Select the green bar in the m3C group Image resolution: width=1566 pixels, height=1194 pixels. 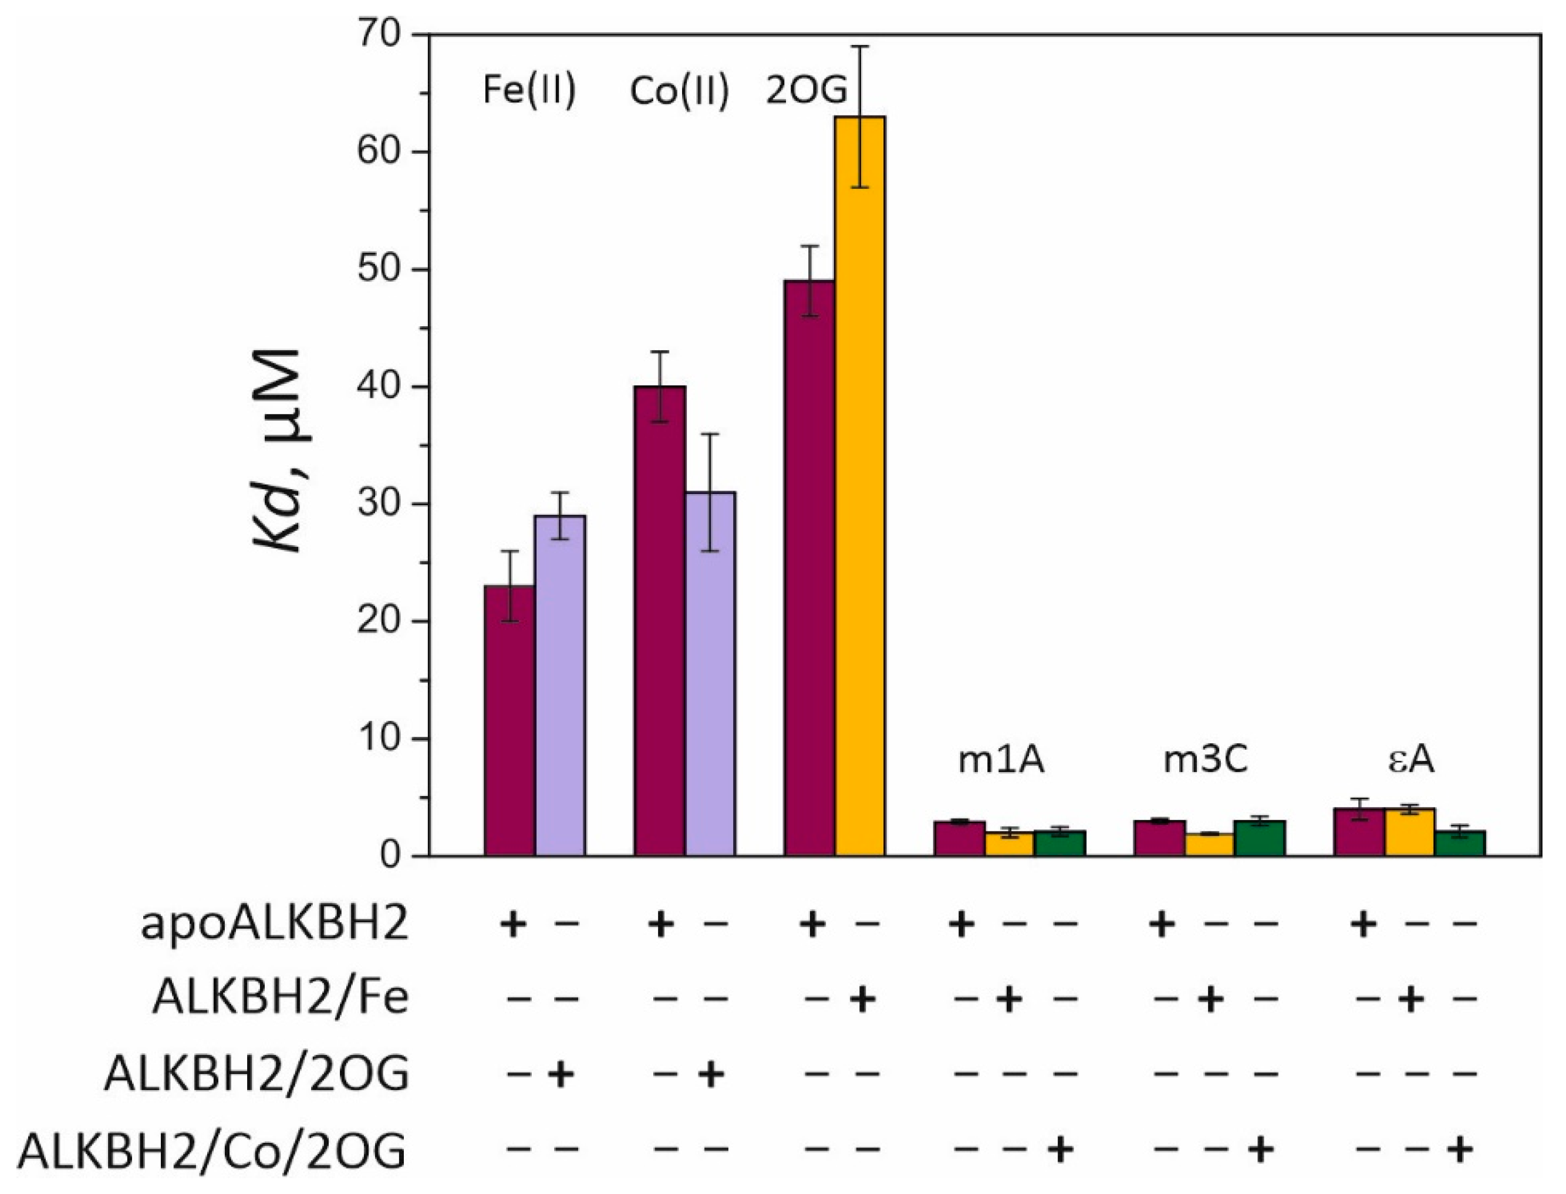pyautogui.click(x=1260, y=838)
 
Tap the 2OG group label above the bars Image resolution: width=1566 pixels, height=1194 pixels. pyautogui.click(x=805, y=92)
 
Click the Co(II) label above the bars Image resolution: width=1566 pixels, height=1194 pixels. pyautogui.click(x=679, y=92)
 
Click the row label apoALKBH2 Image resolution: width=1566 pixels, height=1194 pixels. pyautogui.click(x=275, y=926)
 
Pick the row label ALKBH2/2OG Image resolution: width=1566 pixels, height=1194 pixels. pyautogui.click(x=256, y=1075)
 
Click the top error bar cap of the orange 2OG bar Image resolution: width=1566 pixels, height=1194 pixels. pyautogui.click(x=859, y=46)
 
